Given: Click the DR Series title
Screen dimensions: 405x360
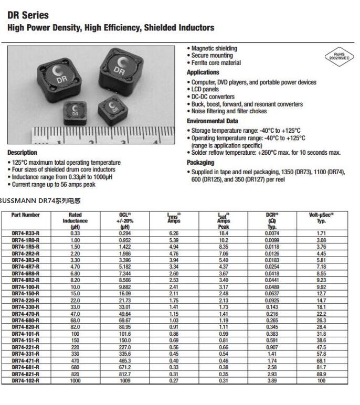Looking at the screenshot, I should (x=28, y=16).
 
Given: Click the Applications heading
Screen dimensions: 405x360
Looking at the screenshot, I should (x=203, y=72).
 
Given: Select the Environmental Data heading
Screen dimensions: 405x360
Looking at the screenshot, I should (x=213, y=121).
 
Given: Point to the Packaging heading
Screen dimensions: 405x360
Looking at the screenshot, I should (x=200, y=163).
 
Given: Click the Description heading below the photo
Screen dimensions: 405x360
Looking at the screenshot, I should (x=22, y=153).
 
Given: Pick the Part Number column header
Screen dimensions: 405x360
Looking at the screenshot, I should (x=25, y=215).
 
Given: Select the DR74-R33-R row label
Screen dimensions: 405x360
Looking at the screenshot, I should (x=25, y=233).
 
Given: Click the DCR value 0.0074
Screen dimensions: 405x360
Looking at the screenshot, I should (x=272, y=233).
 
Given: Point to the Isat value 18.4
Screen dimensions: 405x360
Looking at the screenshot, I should (x=224, y=233).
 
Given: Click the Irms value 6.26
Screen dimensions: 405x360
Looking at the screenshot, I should (x=173, y=233).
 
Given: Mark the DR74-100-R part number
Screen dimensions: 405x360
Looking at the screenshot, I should (x=25, y=287).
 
